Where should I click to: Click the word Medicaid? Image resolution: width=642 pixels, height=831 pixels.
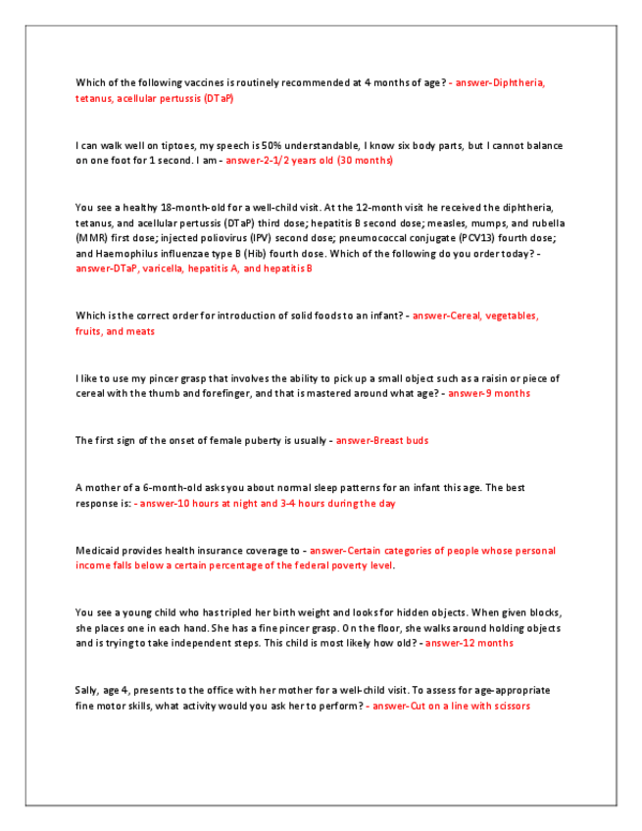point(95,550)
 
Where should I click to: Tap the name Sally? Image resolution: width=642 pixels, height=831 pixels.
point(86,691)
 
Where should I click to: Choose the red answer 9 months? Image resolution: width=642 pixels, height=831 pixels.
point(502,393)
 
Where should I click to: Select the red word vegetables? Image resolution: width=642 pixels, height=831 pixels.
point(502,316)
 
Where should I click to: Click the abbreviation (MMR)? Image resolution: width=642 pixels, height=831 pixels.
point(90,237)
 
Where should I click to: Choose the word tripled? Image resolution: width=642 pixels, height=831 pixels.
point(218,612)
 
